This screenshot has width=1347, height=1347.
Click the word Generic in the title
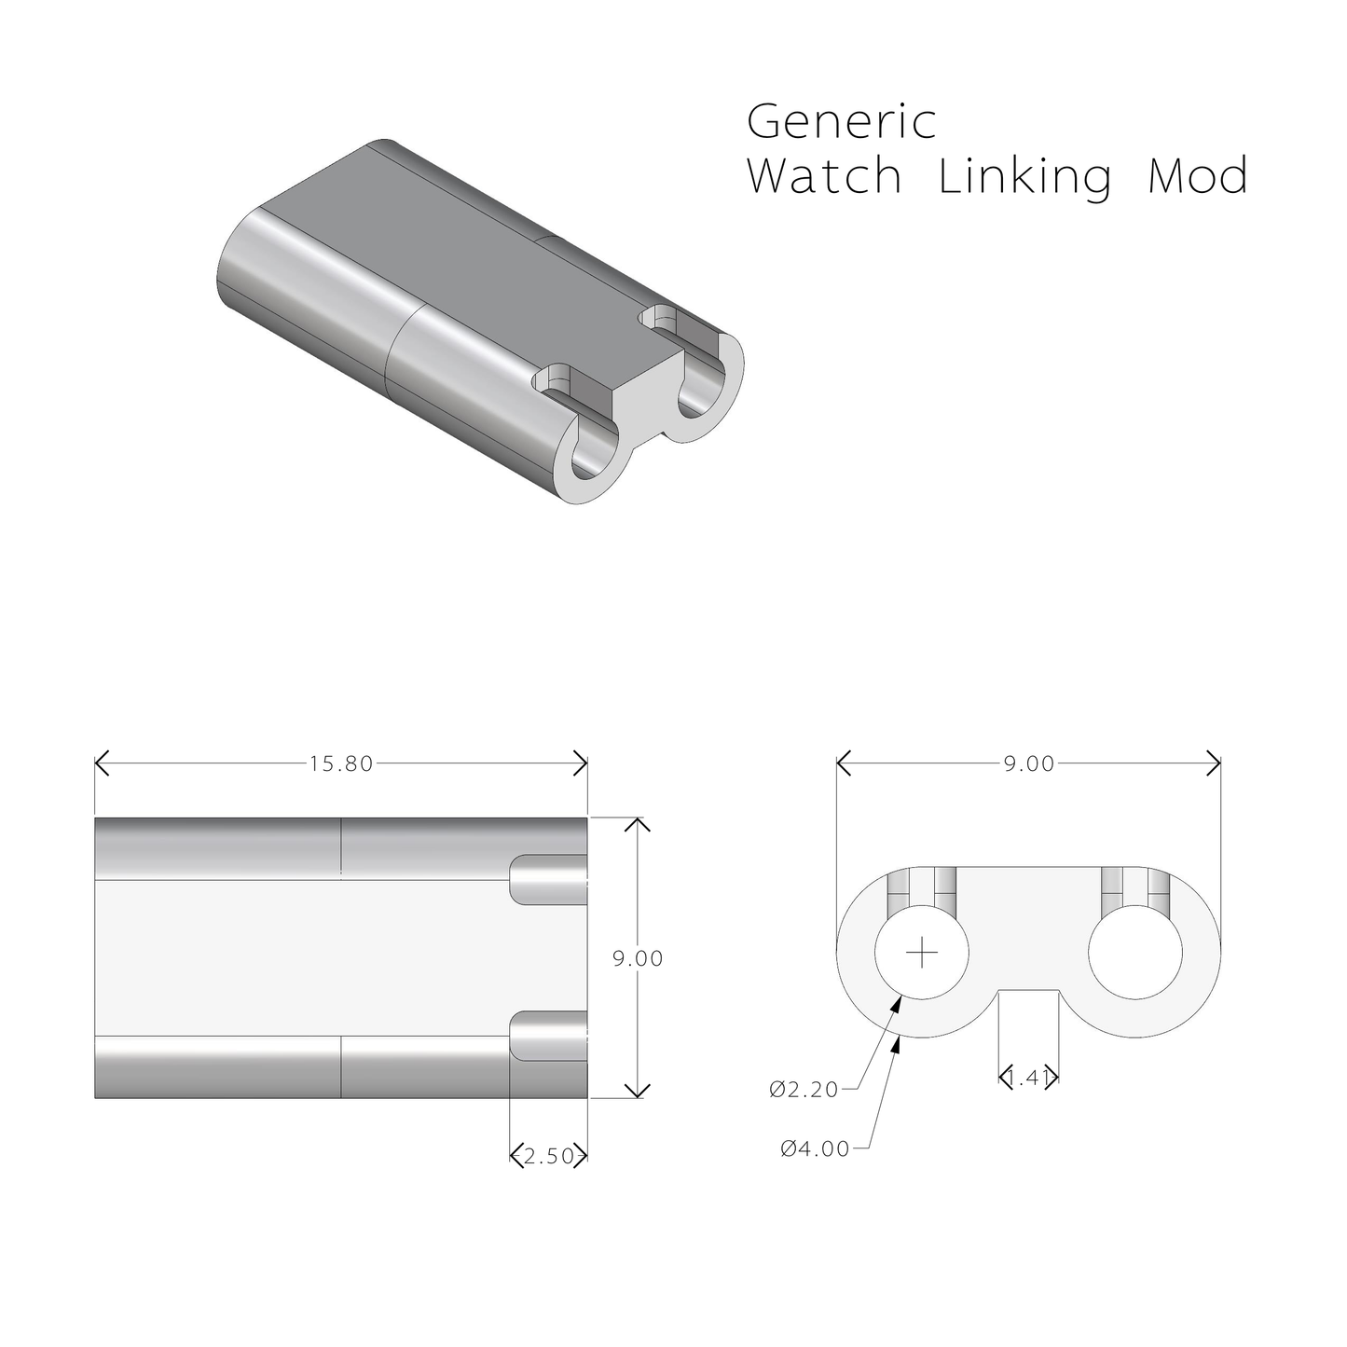coord(841,122)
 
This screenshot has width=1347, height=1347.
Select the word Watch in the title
coord(824,176)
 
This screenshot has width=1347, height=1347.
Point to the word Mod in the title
coord(1197,176)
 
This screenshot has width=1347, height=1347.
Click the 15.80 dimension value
coord(341,764)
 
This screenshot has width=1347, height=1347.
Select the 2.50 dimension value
coord(549,1157)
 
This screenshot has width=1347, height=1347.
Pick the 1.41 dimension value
coord(1029,1079)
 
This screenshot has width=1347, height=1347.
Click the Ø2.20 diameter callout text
coord(804,1090)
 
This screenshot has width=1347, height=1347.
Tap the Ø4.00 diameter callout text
coord(816,1149)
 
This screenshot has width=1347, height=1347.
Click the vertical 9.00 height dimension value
coord(638,958)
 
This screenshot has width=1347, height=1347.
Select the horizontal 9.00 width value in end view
coord(1029,764)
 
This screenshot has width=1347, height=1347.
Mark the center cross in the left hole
coord(922,953)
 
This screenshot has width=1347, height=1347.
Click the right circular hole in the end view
coord(1136,953)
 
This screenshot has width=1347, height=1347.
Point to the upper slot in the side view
coord(549,880)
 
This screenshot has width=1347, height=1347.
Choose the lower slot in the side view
coord(549,1037)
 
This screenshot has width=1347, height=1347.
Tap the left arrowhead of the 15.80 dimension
coord(99,763)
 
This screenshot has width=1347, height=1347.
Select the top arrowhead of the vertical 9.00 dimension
coord(637,822)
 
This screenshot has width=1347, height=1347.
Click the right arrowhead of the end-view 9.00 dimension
coord(1216,763)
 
